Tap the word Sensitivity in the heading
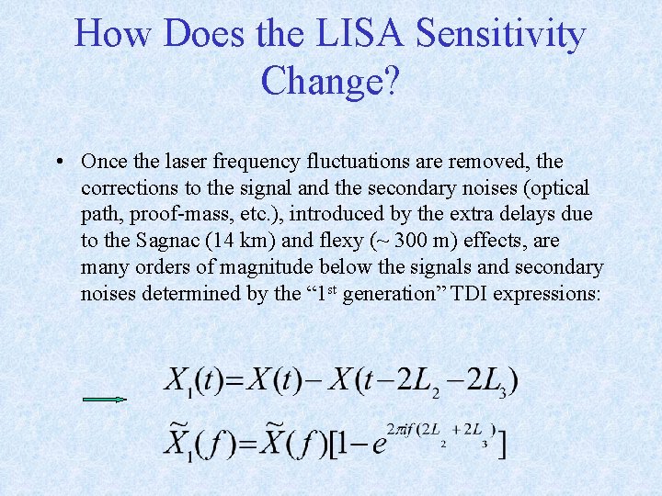[500, 36]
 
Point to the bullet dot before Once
[58, 162]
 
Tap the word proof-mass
[191, 215]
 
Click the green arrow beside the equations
[104, 400]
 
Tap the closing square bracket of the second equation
[501, 444]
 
